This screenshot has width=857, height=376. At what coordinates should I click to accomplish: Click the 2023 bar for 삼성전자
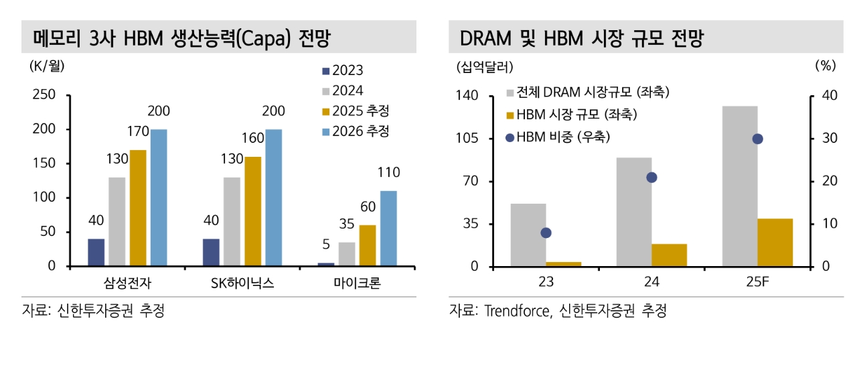(x=96, y=252)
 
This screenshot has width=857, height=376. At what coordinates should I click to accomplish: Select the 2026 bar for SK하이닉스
(x=274, y=198)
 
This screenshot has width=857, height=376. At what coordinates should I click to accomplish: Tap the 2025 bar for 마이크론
(x=368, y=245)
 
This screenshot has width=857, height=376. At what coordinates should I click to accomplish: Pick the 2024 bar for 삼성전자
(x=117, y=221)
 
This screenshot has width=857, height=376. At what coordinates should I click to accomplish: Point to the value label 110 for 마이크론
(x=388, y=173)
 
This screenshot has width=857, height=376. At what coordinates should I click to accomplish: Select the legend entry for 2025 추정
(x=356, y=111)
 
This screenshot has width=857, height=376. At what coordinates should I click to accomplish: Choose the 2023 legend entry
(x=342, y=71)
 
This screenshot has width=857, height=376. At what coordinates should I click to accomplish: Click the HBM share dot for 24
(x=651, y=178)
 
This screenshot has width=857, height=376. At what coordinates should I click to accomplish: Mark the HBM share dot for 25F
(x=757, y=139)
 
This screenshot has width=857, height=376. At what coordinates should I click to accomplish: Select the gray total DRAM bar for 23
(x=528, y=235)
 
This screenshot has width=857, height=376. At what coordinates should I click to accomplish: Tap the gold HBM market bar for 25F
(x=775, y=242)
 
